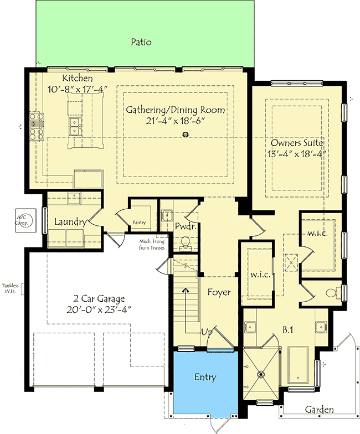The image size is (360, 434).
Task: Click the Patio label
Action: (x=141, y=42)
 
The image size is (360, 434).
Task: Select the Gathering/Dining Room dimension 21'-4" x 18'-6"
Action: (x=174, y=121)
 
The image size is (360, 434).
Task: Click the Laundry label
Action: (x=69, y=222)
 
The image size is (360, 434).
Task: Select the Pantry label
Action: (x=139, y=223)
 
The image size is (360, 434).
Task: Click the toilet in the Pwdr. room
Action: (x=186, y=241)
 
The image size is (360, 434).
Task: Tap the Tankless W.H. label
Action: (x=10, y=288)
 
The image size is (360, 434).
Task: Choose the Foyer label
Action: (x=219, y=292)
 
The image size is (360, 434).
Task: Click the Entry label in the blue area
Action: (x=205, y=378)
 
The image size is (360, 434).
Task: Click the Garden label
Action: (x=320, y=410)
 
